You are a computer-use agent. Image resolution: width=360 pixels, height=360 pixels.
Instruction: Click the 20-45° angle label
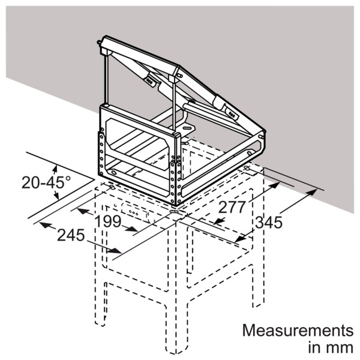46,183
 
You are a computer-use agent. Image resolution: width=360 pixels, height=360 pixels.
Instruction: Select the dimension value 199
107,221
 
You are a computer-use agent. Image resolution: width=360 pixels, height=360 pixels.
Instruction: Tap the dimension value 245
71,235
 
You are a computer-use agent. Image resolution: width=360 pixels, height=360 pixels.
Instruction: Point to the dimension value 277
232,207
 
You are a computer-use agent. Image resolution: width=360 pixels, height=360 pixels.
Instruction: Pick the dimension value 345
269,222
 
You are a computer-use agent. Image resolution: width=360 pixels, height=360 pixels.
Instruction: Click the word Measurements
298,331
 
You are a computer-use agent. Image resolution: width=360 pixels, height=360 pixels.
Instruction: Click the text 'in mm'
331,348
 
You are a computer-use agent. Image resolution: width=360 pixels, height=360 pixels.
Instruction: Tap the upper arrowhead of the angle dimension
55,169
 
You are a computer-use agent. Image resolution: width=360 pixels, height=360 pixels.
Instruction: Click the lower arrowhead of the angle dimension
56,196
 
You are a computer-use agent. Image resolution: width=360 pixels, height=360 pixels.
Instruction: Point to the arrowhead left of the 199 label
84,211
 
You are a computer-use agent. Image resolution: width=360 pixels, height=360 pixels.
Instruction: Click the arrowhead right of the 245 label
114,250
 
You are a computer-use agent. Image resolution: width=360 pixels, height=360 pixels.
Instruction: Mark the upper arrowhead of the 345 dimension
310,193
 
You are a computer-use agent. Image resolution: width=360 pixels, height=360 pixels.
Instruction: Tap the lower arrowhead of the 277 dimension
218,221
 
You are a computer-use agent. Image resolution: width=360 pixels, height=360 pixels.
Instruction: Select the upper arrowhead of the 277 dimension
274,185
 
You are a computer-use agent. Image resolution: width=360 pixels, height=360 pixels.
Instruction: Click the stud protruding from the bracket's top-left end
100,43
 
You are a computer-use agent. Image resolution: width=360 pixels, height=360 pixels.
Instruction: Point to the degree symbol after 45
68,178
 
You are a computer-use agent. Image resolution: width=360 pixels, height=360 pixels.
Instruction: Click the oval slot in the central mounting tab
187,128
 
